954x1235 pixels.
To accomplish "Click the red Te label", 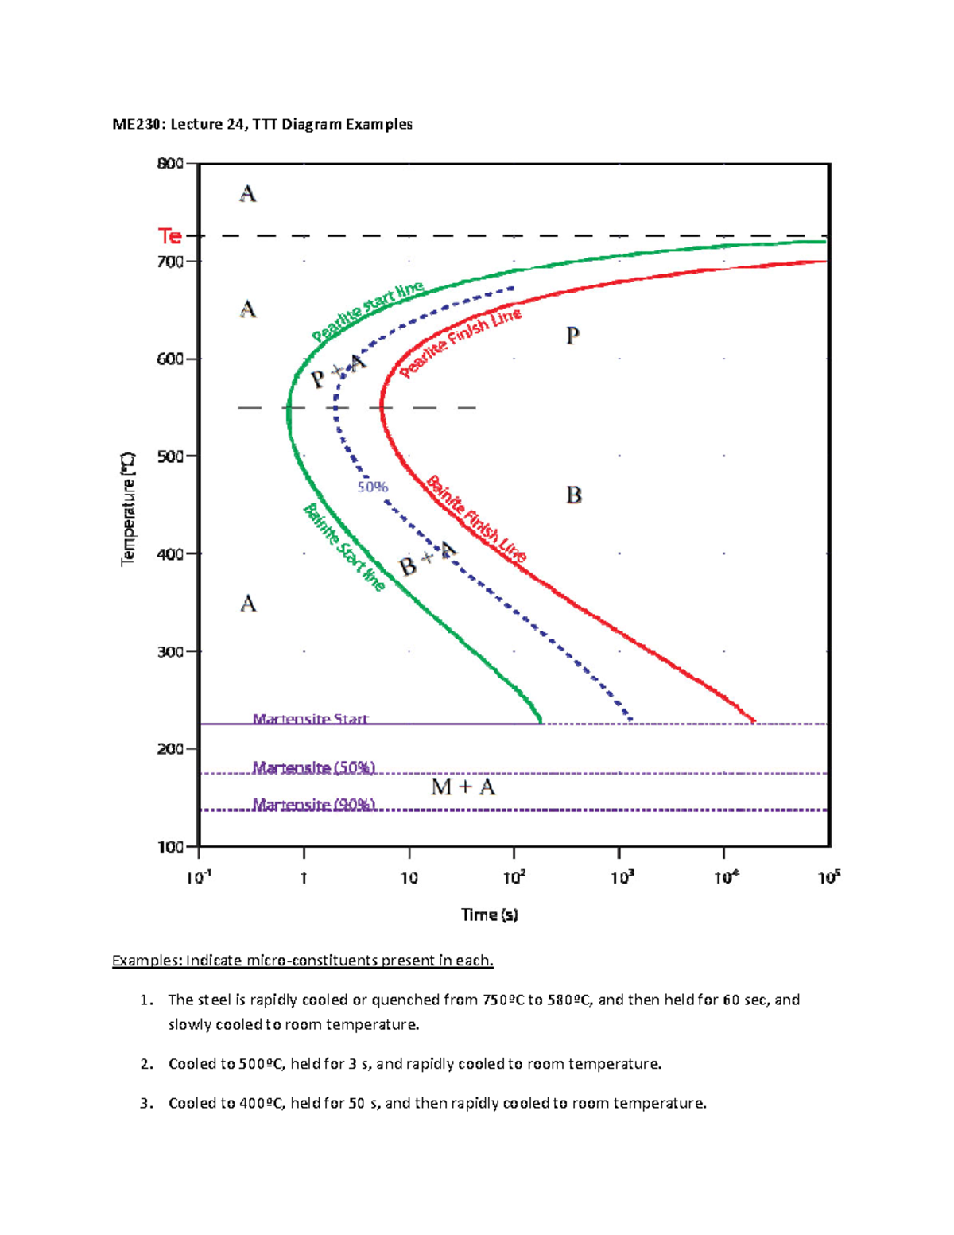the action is coord(169,236).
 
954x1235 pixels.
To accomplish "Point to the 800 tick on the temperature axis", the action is coord(171,164).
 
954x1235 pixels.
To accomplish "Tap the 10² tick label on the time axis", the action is coord(514,877).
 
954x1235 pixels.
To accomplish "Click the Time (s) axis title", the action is coord(490,915).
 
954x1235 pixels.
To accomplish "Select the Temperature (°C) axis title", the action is coord(128,509).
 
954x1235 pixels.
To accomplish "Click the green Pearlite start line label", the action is coord(367,313).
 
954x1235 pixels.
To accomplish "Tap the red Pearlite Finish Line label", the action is coord(460,343).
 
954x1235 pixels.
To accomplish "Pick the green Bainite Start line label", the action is coord(344,548).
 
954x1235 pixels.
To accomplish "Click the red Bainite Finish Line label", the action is coord(476,519).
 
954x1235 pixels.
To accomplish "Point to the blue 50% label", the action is coord(372,487).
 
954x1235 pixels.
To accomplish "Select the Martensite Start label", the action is coord(310,719).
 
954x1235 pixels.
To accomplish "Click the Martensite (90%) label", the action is coord(313,805).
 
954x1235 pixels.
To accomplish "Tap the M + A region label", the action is coord(463,787).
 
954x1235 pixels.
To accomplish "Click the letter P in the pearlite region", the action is coord(572,336).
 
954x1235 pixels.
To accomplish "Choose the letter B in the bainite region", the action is coord(573,495).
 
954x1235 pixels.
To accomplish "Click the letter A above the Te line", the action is coord(248,194).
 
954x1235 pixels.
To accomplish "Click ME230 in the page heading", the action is coord(137,124).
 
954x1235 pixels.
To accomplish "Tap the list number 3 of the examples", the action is coord(145,1103).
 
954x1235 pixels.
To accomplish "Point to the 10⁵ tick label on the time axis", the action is coord(828,877).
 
